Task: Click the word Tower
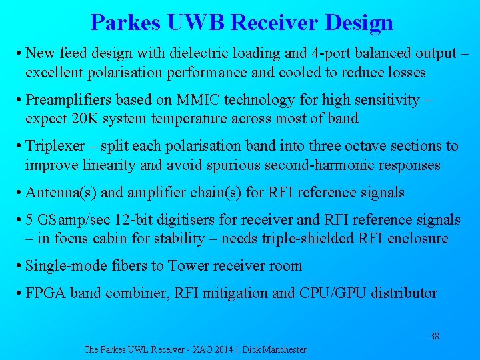[x=190, y=266]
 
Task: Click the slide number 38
[x=434, y=336]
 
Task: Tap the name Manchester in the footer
[x=283, y=349]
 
